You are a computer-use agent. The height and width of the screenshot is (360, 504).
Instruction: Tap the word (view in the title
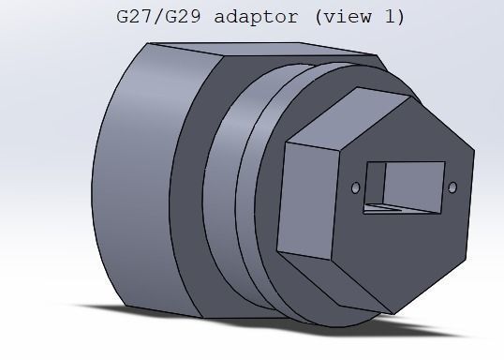(352, 16)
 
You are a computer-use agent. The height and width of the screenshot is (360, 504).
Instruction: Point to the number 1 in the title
(395, 16)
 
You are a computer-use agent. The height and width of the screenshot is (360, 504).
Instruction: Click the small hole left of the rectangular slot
(355, 188)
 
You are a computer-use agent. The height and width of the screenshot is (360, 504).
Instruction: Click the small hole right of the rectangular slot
(452, 187)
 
